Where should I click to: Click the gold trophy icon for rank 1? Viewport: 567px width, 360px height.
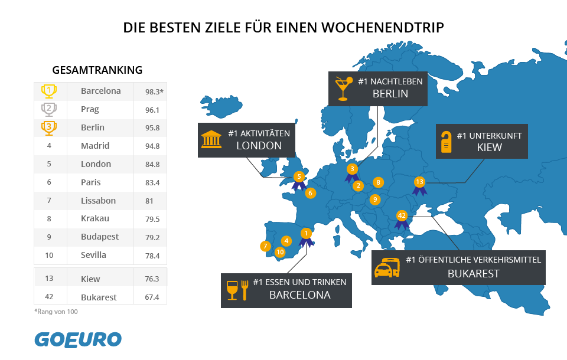pyautogui.click(x=49, y=91)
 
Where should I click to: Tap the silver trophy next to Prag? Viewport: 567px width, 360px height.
pyautogui.click(x=49, y=110)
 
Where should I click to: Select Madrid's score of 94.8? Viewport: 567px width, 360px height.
pyautogui.click(x=152, y=146)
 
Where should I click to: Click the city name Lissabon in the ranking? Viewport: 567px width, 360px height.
pyautogui.click(x=99, y=201)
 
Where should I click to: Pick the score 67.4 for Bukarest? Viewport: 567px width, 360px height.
pyautogui.click(x=152, y=297)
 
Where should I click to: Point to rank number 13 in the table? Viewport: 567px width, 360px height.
pyautogui.click(x=49, y=279)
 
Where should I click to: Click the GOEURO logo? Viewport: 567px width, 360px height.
pyautogui.click(x=78, y=340)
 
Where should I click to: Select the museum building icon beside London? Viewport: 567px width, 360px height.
pyautogui.click(x=211, y=139)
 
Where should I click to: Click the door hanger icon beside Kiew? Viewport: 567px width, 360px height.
pyautogui.click(x=447, y=142)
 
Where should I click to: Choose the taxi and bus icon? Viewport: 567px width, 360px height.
pyautogui.click(x=387, y=268)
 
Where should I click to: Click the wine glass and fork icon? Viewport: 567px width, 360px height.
pyautogui.click(x=237, y=290)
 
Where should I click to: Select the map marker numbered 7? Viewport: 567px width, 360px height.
pyautogui.click(x=265, y=246)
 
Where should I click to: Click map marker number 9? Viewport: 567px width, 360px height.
pyautogui.click(x=375, y=199)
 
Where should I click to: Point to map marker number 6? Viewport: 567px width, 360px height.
pyautogui.click(x=310, y=193)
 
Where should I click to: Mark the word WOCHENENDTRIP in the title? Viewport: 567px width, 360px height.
pyautogui.click(x=382, y=28)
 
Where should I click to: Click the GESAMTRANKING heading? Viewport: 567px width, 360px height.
pyautogui.click(x=97, y=70)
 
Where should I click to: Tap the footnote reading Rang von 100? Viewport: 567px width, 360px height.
pyautogui.click(x=56, y=312)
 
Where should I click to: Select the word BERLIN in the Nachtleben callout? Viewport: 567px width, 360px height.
pyautogui.click(x=390, y=94)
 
